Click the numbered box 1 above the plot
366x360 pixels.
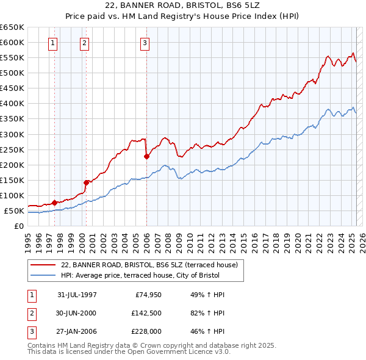coord(54,43)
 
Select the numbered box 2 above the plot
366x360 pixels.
coord(84,43)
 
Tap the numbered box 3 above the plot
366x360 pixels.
coord(145,43)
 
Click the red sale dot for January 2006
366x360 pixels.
coord(146,156)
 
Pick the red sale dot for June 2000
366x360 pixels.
coord(87,182)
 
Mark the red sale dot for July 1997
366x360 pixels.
coord(55,203)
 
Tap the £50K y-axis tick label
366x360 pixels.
coord(14,211)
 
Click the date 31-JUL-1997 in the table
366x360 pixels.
coord(77,295)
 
